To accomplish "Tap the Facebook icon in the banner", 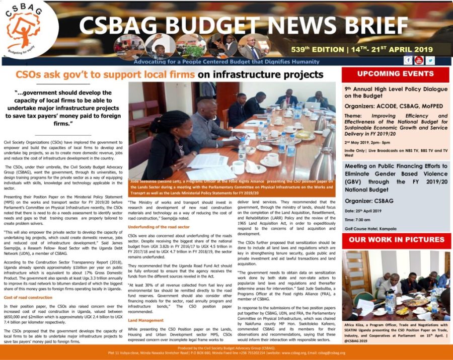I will pos(408,60).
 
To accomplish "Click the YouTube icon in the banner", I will pos(419,60).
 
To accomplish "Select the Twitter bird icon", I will pos(430,60).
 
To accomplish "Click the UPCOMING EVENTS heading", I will pos(396,73).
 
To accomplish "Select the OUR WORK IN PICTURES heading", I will pos(396,239).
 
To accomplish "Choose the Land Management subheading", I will pos(145,320).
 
